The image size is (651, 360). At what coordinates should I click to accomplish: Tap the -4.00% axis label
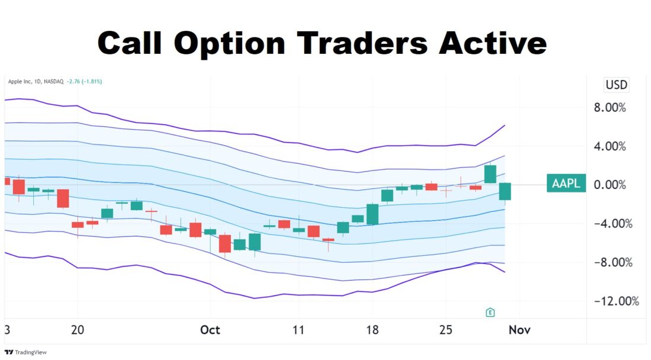pyautogui.click(x=607, y=224)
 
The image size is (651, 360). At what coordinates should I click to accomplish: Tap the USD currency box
pyautogui.click(x=616, y=85)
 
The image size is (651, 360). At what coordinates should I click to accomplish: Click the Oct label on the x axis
pyautogui.click(x=210, y=330)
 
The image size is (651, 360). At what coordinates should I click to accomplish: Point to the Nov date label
pyautogui.click(x=520, y=330)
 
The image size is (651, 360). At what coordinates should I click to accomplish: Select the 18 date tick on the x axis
pyautogui.click(x=373, y=330)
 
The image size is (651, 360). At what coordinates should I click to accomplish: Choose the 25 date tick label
pyautogui.click(x=446, y=330)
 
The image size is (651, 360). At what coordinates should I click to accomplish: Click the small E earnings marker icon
pyautogui.click(x=489, y=311)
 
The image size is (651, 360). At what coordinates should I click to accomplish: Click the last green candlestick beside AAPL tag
pyautogui.click(x=505, y=191)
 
